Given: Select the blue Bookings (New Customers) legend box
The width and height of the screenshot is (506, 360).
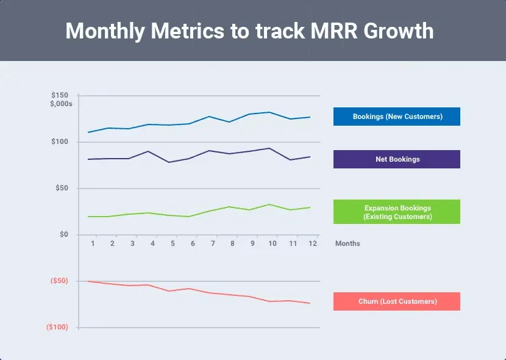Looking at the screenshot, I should (397, 117).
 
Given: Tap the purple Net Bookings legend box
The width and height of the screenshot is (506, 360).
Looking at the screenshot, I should (397, 159).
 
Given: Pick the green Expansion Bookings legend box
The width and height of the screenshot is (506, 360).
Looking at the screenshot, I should (397, 212).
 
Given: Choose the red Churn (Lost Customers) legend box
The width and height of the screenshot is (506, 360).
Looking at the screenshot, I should (397, 301).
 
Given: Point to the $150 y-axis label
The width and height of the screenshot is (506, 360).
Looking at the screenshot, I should (59, 96).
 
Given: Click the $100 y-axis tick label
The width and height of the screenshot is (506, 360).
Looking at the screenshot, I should (59, 142).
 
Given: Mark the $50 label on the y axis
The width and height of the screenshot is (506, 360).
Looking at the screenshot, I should (61, 189).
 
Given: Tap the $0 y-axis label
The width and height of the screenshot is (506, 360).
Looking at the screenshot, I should (63, 235).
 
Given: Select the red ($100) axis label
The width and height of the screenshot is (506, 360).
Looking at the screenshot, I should (57, 328).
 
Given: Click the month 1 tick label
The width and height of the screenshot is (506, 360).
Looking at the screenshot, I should (93, 243).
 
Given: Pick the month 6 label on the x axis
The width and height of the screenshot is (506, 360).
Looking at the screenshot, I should (193, 243).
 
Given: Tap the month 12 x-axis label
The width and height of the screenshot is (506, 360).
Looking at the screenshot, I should (312, 243).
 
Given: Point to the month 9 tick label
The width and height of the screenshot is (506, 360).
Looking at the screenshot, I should (252, 243).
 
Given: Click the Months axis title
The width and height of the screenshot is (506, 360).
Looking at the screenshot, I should (347, 243).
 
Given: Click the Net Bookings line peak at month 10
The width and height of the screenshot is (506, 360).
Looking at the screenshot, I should (269, 148).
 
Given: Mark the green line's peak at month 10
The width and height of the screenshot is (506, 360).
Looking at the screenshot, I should (269, 204).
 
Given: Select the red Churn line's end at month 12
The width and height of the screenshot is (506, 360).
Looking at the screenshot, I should (310, 303).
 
